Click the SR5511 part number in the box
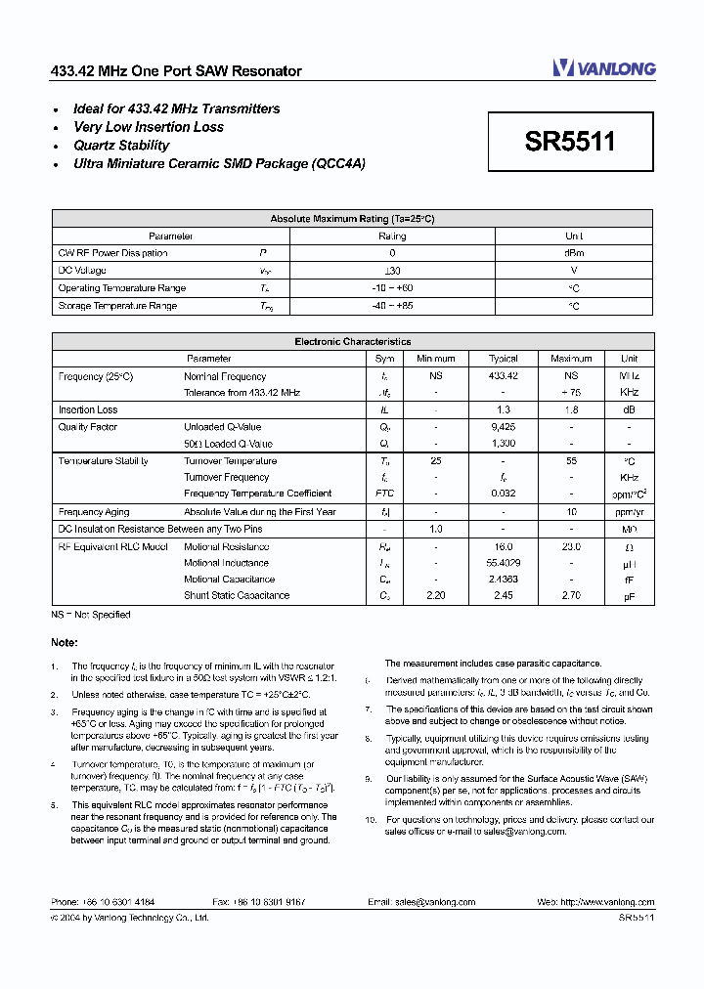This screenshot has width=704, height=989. point(570,143)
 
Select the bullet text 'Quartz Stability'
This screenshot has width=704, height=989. point(121,146)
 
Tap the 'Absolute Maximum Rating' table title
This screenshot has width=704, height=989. point(352,219)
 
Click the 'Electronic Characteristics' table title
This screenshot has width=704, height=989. point(352,342)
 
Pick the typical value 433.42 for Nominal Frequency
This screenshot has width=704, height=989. point(503,376)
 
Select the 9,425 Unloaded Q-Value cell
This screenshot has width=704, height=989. point(503,427)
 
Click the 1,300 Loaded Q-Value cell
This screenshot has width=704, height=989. point(503,444)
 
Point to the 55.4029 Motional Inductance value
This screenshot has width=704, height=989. point(503,563)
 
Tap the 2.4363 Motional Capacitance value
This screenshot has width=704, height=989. point(503,580)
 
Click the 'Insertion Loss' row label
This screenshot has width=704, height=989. point(88,410)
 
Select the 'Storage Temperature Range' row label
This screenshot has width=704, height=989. point(117,306)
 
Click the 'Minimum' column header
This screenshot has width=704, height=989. point(435,359)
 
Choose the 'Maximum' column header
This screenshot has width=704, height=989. point(571,359)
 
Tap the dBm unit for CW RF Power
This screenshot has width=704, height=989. point(574,253)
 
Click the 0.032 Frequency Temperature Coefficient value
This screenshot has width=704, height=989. point(503,494)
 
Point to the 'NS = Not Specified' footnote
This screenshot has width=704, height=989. point(91,615)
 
